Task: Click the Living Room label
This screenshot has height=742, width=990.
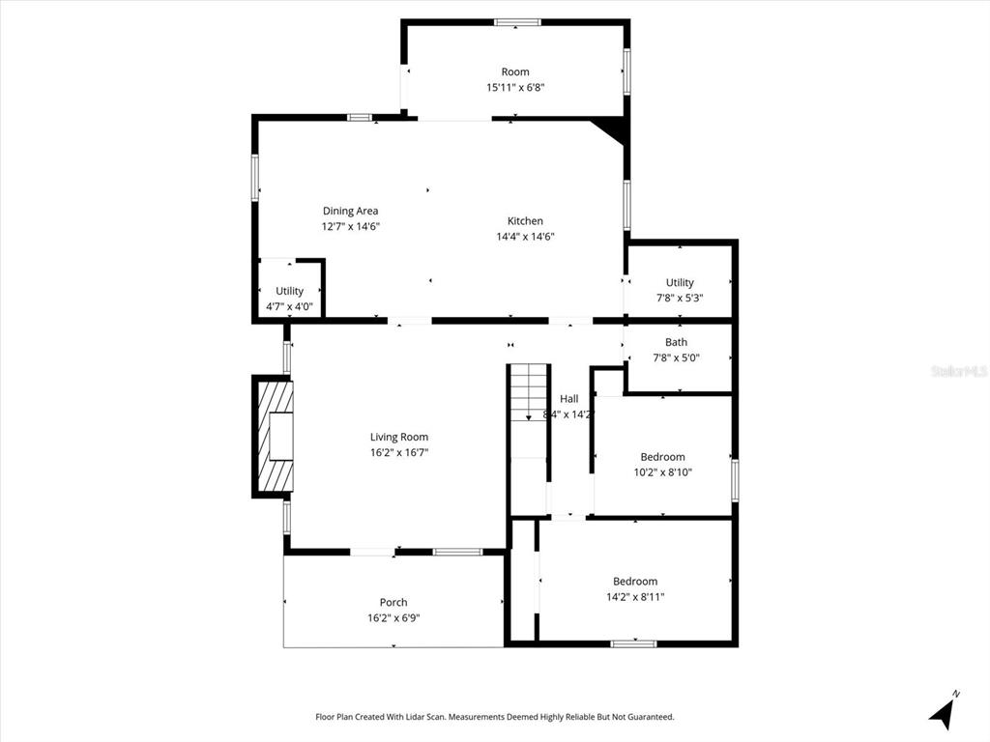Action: [398, 437]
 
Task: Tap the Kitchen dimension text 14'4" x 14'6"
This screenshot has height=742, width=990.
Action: [525, 237]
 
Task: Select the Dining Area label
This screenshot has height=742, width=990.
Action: [350, 211]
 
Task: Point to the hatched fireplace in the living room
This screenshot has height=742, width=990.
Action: [275, 436]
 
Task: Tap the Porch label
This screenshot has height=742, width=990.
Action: [393, 602]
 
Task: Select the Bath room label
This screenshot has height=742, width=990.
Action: [676, 342]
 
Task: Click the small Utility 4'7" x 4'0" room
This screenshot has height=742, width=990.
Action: [289, 291]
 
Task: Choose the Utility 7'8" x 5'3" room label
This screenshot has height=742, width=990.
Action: [680, 282]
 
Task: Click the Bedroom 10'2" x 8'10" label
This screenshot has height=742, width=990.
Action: [662, 457]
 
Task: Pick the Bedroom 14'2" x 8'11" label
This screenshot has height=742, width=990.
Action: [634, 582]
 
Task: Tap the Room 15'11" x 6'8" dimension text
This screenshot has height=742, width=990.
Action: [515, 87]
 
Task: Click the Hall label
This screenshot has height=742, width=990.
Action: [568, 398]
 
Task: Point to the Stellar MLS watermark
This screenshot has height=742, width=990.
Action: [958, 371]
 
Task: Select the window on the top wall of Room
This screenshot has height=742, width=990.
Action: [515, 21]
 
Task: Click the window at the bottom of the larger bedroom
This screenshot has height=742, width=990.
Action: [633, 643]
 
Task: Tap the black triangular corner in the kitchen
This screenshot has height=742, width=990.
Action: [613, 130]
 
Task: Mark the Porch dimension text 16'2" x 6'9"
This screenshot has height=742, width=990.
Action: [393, 617]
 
